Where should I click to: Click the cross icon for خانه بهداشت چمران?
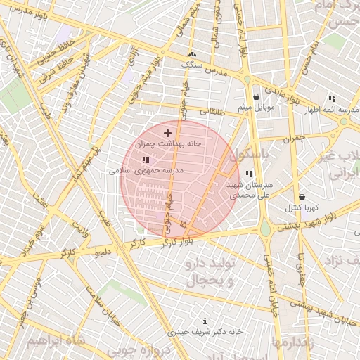(167, 132)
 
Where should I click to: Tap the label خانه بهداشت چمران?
(168, 143)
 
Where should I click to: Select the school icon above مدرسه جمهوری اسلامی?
(146, 160)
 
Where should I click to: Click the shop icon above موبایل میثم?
(256, 97)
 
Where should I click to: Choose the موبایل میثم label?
(255, 108)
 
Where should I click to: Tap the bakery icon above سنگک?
(192, 54)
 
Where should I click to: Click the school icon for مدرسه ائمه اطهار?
(331, 99)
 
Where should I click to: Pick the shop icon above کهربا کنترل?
(302, 198)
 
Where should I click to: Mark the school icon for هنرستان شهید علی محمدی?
(249, 174)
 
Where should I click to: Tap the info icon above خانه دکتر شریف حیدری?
(205, 321)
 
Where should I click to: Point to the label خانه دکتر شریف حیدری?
(205, 330)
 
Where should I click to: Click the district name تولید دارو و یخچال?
(214, 273)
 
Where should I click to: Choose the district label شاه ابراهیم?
(56, 340)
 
